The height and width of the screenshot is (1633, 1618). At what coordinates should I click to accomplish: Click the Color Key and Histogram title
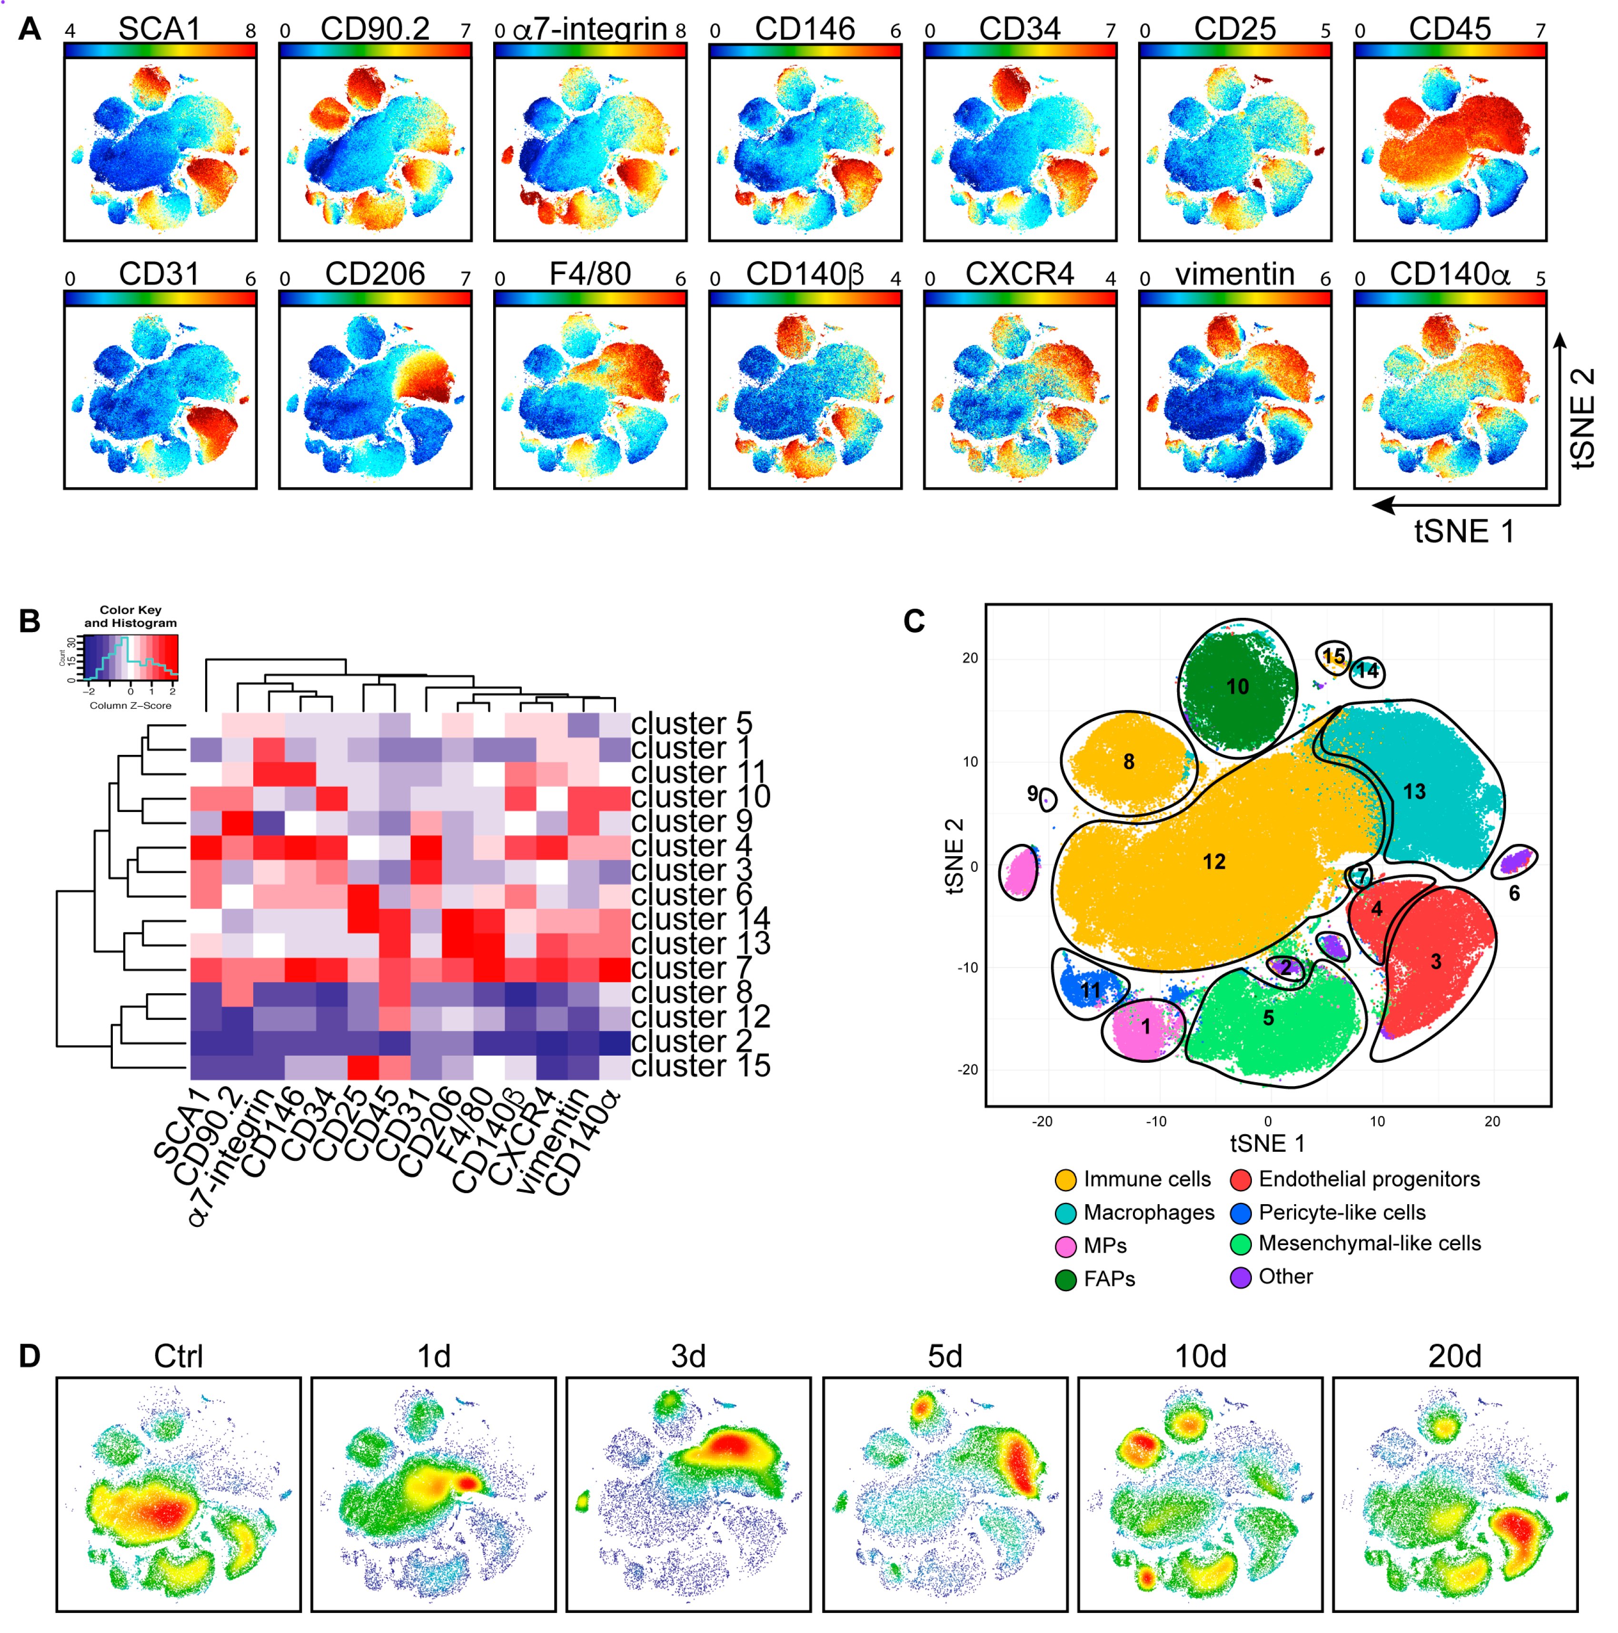130,616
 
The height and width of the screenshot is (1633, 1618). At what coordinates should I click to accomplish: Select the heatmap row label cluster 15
701,1066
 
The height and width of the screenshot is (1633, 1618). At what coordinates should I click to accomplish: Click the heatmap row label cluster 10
701,796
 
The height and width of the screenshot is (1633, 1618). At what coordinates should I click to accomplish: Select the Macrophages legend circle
1066,1213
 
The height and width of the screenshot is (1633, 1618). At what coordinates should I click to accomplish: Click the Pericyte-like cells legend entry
1341,1212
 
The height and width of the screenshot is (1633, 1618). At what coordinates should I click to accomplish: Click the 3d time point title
688,1356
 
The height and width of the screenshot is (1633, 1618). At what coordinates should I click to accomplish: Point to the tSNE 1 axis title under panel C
1267,1144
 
